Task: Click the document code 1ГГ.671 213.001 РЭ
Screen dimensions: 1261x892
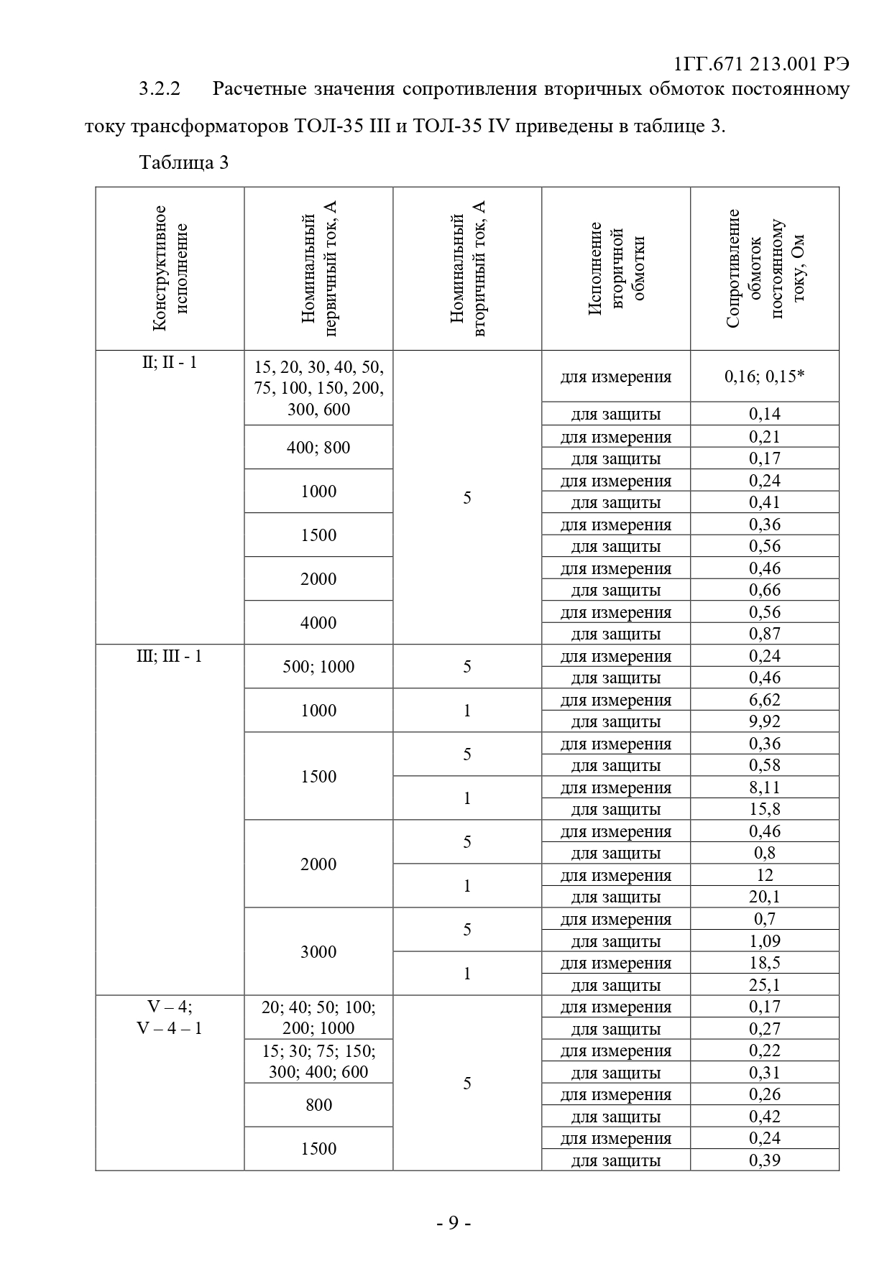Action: point(762,65)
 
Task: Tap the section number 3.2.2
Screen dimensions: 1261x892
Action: point(160,89)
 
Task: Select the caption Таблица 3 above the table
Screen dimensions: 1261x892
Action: point(184,162)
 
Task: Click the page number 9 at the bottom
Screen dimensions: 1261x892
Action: point(453,1222)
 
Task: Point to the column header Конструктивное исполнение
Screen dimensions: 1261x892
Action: point(170,269)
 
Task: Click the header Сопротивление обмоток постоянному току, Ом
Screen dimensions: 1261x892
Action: point(765,269)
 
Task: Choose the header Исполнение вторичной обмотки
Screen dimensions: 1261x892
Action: point(616,269)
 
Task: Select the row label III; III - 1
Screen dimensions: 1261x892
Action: point(170,656)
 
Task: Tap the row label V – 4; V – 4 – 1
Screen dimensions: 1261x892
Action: point(170,1017)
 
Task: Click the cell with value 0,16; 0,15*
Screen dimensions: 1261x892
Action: point(764,376)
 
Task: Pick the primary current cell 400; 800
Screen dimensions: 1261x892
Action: point(318,448)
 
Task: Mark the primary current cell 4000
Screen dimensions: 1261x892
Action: point(318,622)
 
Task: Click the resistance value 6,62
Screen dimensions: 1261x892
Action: point(764,700)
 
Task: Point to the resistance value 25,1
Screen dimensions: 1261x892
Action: point(764,985)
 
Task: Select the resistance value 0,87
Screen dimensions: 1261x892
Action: point(764,634)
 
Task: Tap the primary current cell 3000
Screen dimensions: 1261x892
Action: point(318,952)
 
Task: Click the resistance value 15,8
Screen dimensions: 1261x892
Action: point(764,809)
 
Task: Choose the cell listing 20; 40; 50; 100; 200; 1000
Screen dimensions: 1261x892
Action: point(318,1017)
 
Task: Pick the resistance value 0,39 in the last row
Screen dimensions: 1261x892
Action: point(764,1160)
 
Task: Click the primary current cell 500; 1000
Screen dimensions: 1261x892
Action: point(318,667)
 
